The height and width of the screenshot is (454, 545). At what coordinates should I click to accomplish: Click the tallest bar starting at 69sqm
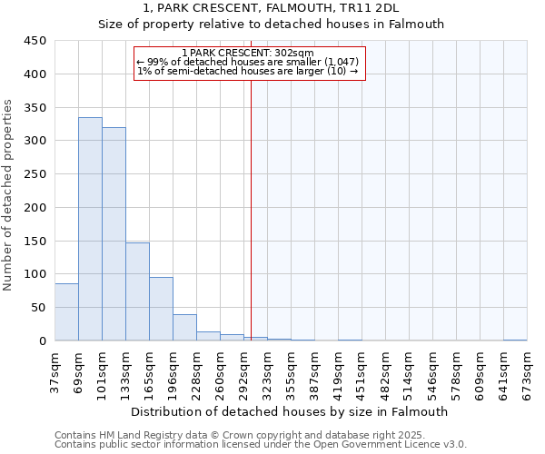coord(90,229)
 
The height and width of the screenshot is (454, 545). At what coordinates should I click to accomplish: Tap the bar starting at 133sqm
coord(137,291)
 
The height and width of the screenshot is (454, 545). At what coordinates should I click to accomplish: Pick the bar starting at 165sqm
coord(161,309)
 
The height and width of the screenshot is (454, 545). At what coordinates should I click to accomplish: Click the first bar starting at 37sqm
coord(66,312)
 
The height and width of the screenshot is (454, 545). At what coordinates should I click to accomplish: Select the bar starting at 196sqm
coord(184,328)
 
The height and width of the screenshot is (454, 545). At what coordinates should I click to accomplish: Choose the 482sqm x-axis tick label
coord(386,372)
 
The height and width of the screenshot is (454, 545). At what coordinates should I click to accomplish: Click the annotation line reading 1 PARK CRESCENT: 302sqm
coord(247,53)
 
